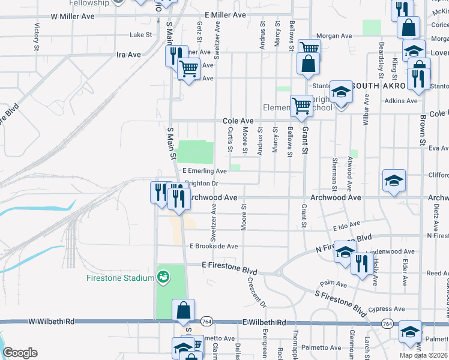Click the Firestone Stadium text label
click(x=120, y=277)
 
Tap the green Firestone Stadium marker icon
click(x=162, y=277)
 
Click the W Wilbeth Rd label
click(x=51, y=322)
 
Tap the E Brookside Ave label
click(x=214, y=246)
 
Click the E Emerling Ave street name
click(x=204, y=171)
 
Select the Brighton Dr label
click(x=200, y=184)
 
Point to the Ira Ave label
click(x=128, y=54)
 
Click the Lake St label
click(x=142, y=35)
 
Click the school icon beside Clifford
click(x=394, y=181)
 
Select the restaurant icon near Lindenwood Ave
click(x=361, y=264)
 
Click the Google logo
click(x=20, y=353)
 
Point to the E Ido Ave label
click(x=346, y=227)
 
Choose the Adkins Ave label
click(x=401, y=101)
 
